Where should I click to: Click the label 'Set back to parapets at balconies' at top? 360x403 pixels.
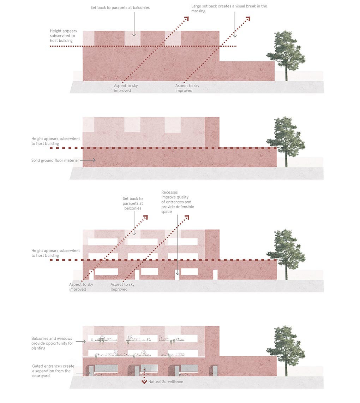(x=120, y=8)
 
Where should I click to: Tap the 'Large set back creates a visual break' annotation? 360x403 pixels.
(x=229, y=8)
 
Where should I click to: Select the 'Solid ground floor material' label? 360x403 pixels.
(x=55, y=160)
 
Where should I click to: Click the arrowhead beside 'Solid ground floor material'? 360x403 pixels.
(x=94, y=160)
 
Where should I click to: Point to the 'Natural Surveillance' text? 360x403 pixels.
(x=166, y=382)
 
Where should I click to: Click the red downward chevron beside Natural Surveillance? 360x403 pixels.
(x=144, y=382)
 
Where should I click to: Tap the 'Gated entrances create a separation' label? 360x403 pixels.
(x=53, y=371)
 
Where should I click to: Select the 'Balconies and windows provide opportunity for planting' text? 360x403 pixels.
(x=52, y=343)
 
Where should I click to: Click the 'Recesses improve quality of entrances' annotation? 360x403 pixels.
(x=178, y=202)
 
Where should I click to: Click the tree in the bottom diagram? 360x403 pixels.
(x=286, y=350)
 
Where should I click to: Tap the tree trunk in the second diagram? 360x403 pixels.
(x=286, y=159)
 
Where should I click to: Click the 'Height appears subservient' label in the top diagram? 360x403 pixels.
(x=63, y=36)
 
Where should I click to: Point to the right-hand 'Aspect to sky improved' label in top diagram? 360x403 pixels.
(x=187, y=88)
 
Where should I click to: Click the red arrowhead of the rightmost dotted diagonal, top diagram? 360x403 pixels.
(x=248, y=18)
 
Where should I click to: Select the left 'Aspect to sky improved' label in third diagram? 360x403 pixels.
(x=81, y=287)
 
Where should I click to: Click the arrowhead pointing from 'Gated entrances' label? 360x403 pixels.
(x=89, y=373)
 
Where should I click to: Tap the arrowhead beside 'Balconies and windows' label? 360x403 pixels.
(x=84, y=342)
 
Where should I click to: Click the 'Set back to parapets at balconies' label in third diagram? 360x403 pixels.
(x=132, y=203)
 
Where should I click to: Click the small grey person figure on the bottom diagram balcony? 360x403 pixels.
(x=92, y=340)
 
